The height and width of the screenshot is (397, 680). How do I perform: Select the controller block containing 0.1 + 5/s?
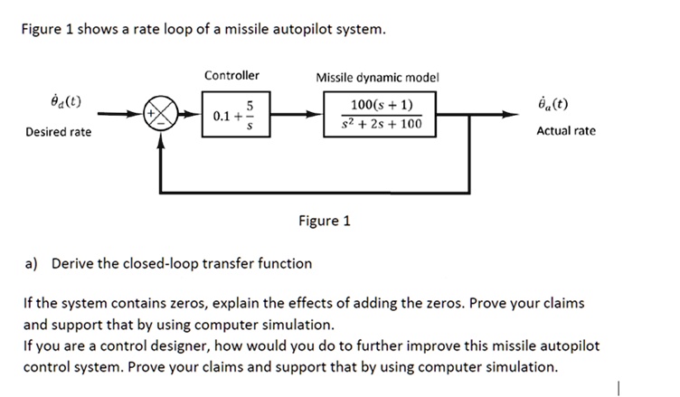pos(231,116)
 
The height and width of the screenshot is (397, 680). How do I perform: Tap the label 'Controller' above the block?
pos(231,75)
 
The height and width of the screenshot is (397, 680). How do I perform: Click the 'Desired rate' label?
pos(57,132)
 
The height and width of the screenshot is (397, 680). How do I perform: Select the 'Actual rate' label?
pos(566,131)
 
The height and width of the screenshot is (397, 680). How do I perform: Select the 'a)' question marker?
pos(31,264)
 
